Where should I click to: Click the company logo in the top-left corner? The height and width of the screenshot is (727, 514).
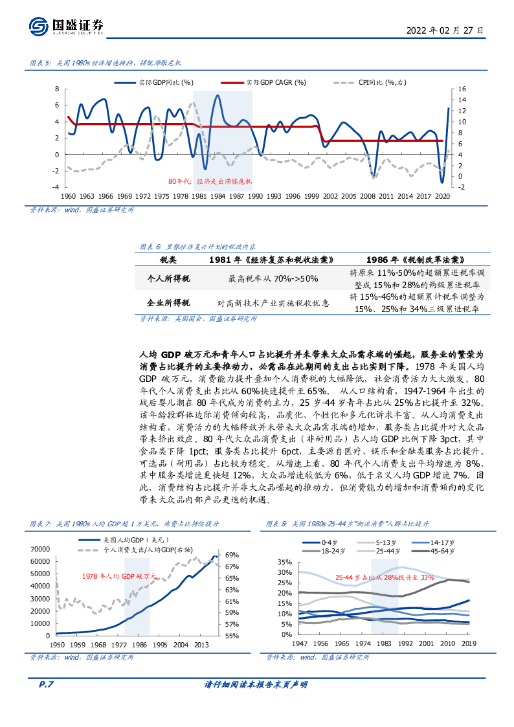(x=39, y=27)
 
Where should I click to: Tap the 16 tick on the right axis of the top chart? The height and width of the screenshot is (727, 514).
(x=462, y=89)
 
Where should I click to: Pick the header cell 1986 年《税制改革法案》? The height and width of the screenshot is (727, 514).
(x=416, y=259)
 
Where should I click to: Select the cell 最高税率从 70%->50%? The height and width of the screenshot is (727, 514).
(x=273, y=278)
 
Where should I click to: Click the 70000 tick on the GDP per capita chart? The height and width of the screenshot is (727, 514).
(x=40, y=549)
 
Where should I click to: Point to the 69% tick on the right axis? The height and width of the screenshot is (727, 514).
(x=232, y=555)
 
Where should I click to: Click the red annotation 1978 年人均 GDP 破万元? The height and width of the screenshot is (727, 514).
(x=119, y=576)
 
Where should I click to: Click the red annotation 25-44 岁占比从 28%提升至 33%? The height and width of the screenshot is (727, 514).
(x=385, y=577)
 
